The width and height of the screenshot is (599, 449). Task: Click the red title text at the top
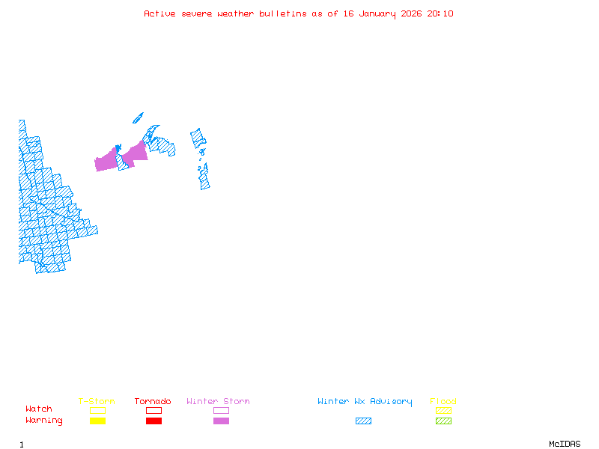[299, 13]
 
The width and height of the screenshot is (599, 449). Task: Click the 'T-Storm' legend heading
[97, 401]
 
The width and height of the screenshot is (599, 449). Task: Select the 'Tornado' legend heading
[153, 401]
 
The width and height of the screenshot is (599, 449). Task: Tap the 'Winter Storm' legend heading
[218, 401]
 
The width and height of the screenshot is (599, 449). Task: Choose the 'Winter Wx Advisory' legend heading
[365, 401]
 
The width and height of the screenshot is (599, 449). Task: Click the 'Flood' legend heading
[443, 401]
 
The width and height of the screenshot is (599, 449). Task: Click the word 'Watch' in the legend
[39, 409]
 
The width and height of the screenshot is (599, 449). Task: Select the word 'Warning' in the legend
[44, 421]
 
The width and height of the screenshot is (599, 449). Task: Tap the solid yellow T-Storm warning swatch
[97, 421]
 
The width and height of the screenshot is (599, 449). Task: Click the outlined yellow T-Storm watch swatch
[97, 410]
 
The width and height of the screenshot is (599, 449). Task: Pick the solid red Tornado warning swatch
[153, 421]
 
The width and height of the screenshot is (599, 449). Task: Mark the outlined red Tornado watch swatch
[153, 410]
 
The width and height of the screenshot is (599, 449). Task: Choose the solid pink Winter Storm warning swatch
[221, 421]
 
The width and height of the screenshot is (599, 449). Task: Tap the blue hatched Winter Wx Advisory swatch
[363, 421]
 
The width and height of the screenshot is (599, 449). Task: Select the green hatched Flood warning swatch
[443, 421]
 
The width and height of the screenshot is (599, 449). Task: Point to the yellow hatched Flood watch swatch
[443, 410]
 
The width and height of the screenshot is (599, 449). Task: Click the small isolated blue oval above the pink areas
[138, 117]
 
